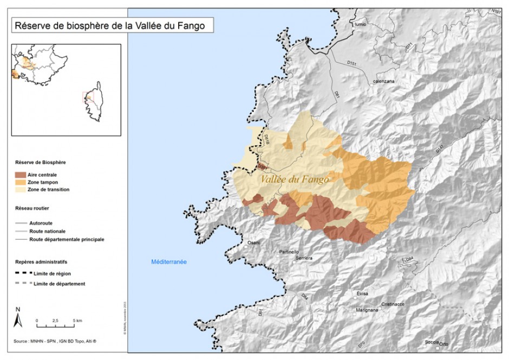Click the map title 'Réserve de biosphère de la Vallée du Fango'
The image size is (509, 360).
click(x=109, y=25)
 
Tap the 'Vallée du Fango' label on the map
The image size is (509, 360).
click(x=294, y=179)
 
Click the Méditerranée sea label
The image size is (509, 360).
click(x=169, y=261)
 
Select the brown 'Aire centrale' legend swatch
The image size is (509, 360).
click(x=21, y=175)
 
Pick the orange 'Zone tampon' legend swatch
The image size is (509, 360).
click(x=21, y=182)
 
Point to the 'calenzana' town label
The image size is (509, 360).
click(x=383, y=82)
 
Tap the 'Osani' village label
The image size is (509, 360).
click(x=254, y=243)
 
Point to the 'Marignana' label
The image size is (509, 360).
click(x=367, y=310)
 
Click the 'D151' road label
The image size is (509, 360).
click(x=352, y=64)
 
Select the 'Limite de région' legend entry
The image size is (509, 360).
click(x=52, y=274)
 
